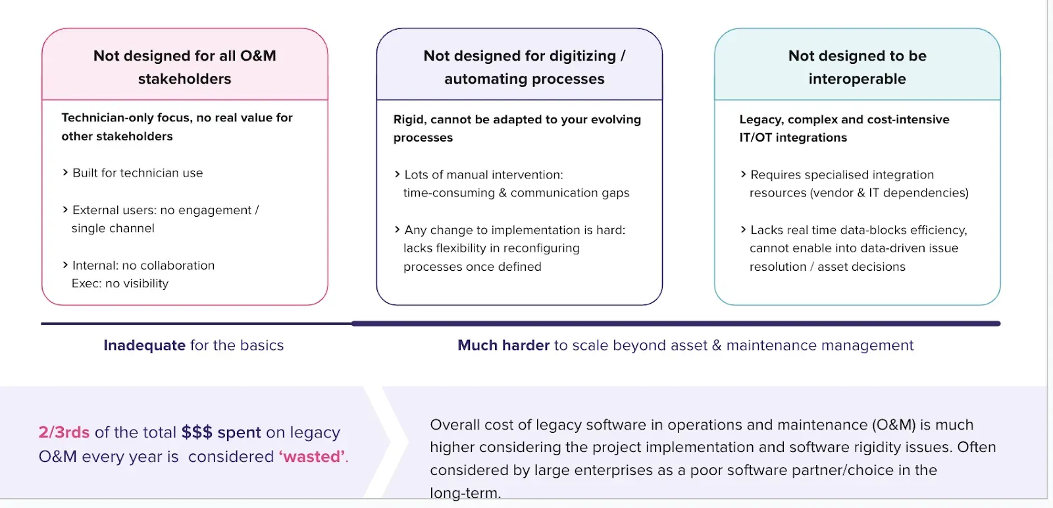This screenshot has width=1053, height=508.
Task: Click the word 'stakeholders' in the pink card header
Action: [184, 79]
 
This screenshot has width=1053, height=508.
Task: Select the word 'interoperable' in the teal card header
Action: [857, 79]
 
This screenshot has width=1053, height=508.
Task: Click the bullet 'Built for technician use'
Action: [138, 173]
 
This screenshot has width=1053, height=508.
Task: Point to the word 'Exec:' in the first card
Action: [86, 283]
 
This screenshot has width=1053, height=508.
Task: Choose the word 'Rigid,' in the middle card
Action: [410, 119]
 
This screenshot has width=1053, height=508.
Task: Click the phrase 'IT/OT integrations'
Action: [793, 138]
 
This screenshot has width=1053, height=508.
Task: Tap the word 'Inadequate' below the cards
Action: [144, 345]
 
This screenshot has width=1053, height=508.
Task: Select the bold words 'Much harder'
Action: [503, 345]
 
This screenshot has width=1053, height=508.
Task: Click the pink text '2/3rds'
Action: [64, 432]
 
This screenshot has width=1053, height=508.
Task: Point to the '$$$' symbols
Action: [197, 432]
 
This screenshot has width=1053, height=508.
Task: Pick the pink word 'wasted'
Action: [312, 457]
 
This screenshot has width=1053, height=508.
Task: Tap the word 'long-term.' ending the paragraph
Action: [465, 493]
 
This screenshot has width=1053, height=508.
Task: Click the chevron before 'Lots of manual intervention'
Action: [397, 175]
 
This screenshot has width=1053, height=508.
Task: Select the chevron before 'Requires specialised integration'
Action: [743, 175]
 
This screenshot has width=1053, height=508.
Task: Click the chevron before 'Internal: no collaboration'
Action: [65, 265]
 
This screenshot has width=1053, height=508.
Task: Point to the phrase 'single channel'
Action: [113, 229]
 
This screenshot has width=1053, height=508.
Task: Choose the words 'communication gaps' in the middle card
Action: [570, 193]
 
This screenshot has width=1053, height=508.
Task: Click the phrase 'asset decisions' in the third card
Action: [861, 267]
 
